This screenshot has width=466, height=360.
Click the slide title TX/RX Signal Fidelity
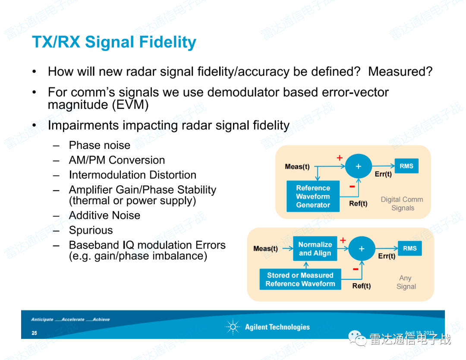[x=114, y=42]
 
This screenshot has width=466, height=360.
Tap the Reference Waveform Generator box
[x=313, y=196]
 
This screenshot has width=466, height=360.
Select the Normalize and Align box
[x=315, y=249]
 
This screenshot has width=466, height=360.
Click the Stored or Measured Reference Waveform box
[x=300, y=279]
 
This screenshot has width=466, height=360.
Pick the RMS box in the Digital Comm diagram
[x=406, y=166]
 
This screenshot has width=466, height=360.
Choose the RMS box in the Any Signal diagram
[x=410, y=248]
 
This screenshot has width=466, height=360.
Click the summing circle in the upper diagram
[x=359, y=166]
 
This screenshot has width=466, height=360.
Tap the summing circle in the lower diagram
[x=362, y=249]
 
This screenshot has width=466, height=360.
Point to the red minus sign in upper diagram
[x=352, y=186]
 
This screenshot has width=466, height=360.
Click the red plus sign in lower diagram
[x=343, y=240]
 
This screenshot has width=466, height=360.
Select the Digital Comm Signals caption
[x=402, y=204]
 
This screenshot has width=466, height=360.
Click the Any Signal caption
[x=406, y=282]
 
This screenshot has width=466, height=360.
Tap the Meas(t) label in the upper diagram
[x=297, y=167]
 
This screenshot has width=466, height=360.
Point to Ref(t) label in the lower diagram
[x=362, y=286]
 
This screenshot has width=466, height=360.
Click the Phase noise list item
[x=100, y=145]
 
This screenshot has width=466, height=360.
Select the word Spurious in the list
[x=91, y=231]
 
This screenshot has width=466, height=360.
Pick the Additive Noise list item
[x=104, y=215]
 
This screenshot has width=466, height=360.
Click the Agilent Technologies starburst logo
[x=233, y=327]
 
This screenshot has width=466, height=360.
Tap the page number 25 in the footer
[x=35, y=333]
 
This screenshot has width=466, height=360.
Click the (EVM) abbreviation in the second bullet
[x=130, y=105]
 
